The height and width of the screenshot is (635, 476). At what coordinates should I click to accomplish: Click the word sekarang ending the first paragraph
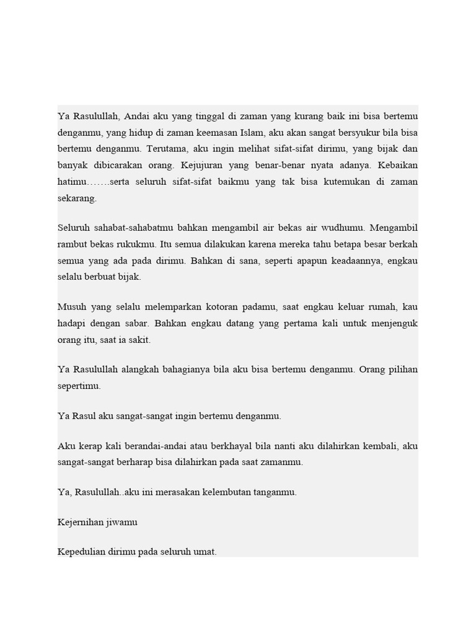[77, 199]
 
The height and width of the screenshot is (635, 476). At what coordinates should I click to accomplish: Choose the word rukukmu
[148, 244]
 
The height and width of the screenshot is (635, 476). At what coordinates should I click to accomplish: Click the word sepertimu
[79, 386]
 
